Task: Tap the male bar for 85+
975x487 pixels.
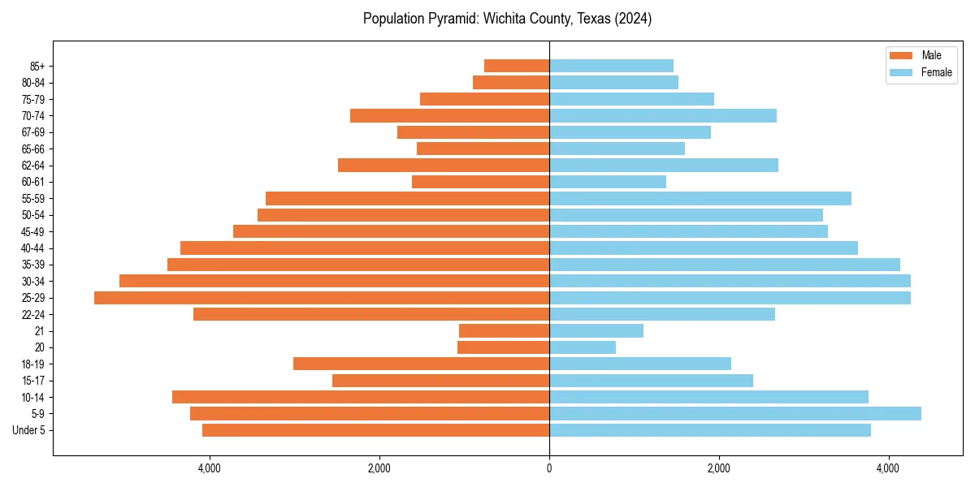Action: [x=517, y=66]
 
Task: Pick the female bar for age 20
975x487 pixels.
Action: [x=582, y=347]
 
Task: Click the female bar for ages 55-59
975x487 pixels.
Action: [x=700, y=199]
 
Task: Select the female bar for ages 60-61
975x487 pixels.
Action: [x=607, y=182]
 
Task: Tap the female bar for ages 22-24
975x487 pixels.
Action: [x=661, y=314]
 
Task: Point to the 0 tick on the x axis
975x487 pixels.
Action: [x=549, y=468]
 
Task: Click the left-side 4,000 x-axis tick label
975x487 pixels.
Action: [x=209, y=468]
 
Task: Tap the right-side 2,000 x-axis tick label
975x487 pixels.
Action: [x=718, y=468]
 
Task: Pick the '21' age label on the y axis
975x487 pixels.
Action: [x=40, y=331]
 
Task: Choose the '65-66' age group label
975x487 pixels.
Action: [x=33, y=149]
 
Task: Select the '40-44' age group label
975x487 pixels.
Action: [x=33, y=248]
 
